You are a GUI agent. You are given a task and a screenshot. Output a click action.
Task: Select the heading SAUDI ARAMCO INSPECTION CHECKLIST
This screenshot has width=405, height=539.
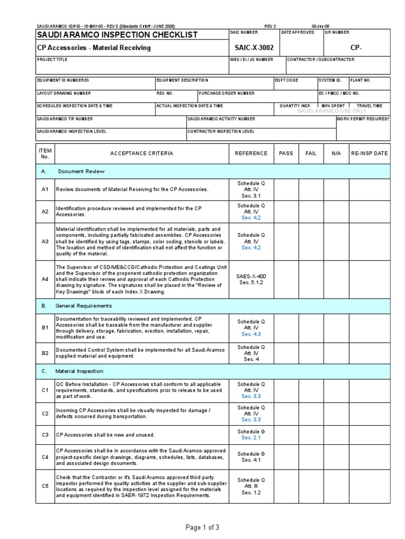point(117,35)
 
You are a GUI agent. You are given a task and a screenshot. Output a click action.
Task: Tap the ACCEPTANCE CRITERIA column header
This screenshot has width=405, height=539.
point(141,153)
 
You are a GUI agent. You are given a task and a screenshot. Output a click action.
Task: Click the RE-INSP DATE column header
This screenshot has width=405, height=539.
point(369,153)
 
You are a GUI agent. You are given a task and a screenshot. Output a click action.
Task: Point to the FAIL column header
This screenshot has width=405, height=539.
point(311,153)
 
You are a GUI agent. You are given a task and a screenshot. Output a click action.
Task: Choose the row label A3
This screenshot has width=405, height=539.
point(45,242)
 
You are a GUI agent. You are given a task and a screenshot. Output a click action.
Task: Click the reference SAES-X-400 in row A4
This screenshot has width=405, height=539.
point(251,276)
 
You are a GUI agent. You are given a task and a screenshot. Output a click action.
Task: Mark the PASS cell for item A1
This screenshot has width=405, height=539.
point(286,189)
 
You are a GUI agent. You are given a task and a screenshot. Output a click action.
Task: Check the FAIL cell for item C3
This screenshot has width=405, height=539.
point(311,435)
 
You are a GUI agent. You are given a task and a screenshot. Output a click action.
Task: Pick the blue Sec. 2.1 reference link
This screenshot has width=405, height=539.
point(251,438)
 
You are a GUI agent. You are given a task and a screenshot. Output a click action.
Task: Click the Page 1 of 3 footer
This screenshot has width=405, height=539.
point(202,527)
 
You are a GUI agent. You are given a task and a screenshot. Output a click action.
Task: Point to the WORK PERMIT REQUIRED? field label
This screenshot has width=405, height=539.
point(363,119)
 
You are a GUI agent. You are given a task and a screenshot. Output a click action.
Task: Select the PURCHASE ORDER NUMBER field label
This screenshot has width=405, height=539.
point(227,93)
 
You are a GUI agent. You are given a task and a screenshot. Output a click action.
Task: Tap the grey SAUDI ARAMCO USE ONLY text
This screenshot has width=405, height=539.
point(332,111)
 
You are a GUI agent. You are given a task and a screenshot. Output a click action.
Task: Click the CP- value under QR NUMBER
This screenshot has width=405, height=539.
point(356,47)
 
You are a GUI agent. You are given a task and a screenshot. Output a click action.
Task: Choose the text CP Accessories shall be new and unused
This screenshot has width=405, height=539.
point(105,435)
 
